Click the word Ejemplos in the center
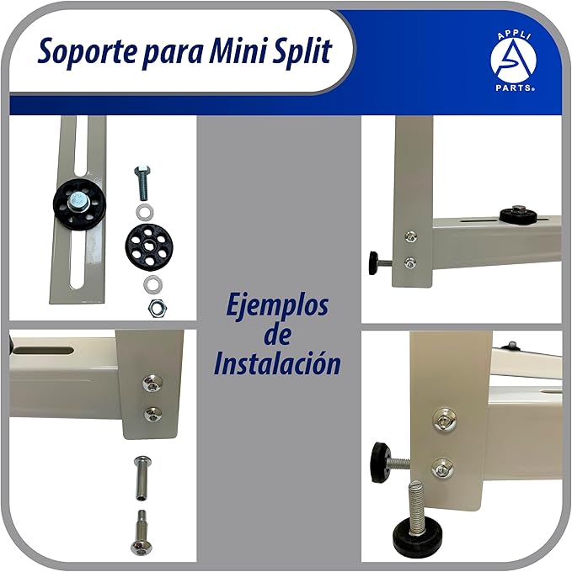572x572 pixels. pyautogui.click(x=277, y=305)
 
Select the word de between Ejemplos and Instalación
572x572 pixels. pyautogui.click(x=277, y=335)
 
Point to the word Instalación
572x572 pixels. pyautogui.click(x=277, y=364)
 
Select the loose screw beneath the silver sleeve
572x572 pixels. pyautogui.click(x=142, y=532)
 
